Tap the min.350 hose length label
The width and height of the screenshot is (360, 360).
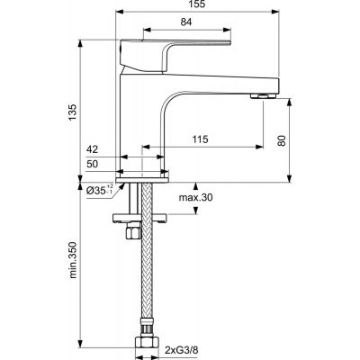(72, 262)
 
